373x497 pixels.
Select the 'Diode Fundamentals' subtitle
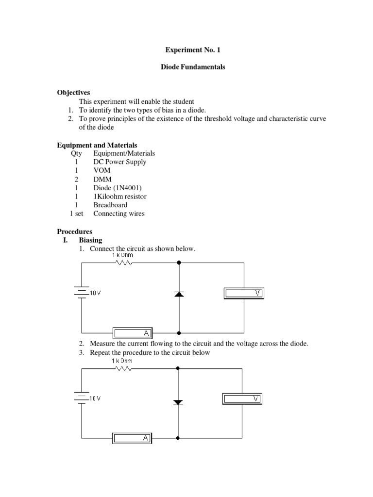point(193,67)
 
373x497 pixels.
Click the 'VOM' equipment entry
point(102,170)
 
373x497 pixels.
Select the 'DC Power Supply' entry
point(119,162)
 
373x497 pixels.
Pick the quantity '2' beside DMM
point(77,179)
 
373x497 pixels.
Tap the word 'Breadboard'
point(110,205)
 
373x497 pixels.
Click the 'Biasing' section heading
point(91,240)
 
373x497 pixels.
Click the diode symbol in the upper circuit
point(179,294)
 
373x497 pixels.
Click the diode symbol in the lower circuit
point(179,402)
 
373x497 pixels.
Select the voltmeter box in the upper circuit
point(245,293)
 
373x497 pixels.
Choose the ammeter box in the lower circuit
point(132,439)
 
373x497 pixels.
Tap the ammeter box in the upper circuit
point(133,333)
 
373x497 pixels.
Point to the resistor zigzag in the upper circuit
point(123,263)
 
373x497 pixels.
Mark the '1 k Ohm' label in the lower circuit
point(121,361)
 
